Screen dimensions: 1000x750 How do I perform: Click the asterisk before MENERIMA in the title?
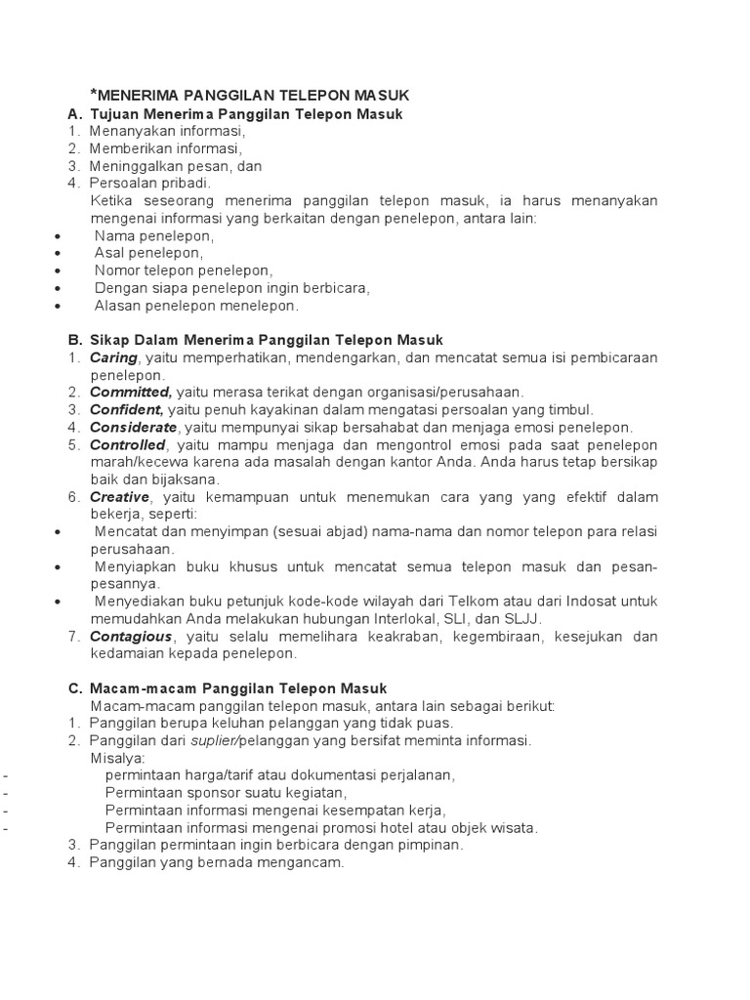tap(94, 93)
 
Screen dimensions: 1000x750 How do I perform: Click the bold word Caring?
tap(113, 357)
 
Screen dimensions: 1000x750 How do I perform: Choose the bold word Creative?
tap(119, 497)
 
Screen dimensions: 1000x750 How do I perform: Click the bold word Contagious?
tap(130, 637)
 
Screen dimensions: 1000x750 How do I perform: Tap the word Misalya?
tap(116, 758)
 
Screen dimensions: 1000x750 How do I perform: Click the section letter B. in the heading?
tap(74, 340)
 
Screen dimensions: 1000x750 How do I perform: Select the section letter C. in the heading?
tap(74, 688)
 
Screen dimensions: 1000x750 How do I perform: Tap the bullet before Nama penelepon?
tap(61, 235)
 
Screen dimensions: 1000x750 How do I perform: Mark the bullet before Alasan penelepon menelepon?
tap(61, 306)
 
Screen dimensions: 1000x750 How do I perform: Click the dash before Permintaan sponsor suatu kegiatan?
tap(6, 793)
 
